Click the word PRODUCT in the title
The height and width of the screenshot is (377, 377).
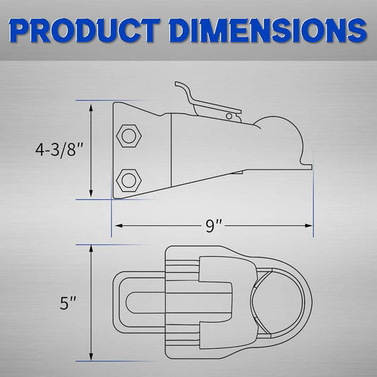pos(84,30)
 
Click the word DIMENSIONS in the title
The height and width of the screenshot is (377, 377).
pos(268,30)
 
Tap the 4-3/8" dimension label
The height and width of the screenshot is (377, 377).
pos(59,150)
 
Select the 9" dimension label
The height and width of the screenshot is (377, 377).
pos(214,226)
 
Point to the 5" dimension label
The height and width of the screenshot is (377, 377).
pos(68,303)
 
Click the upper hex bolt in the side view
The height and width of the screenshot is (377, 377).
pos(129,136)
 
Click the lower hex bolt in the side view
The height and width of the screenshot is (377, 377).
pos(129,180)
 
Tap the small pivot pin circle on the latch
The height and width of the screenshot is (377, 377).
pos(229,117)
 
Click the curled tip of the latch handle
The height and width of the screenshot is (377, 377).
pos(178,84)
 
